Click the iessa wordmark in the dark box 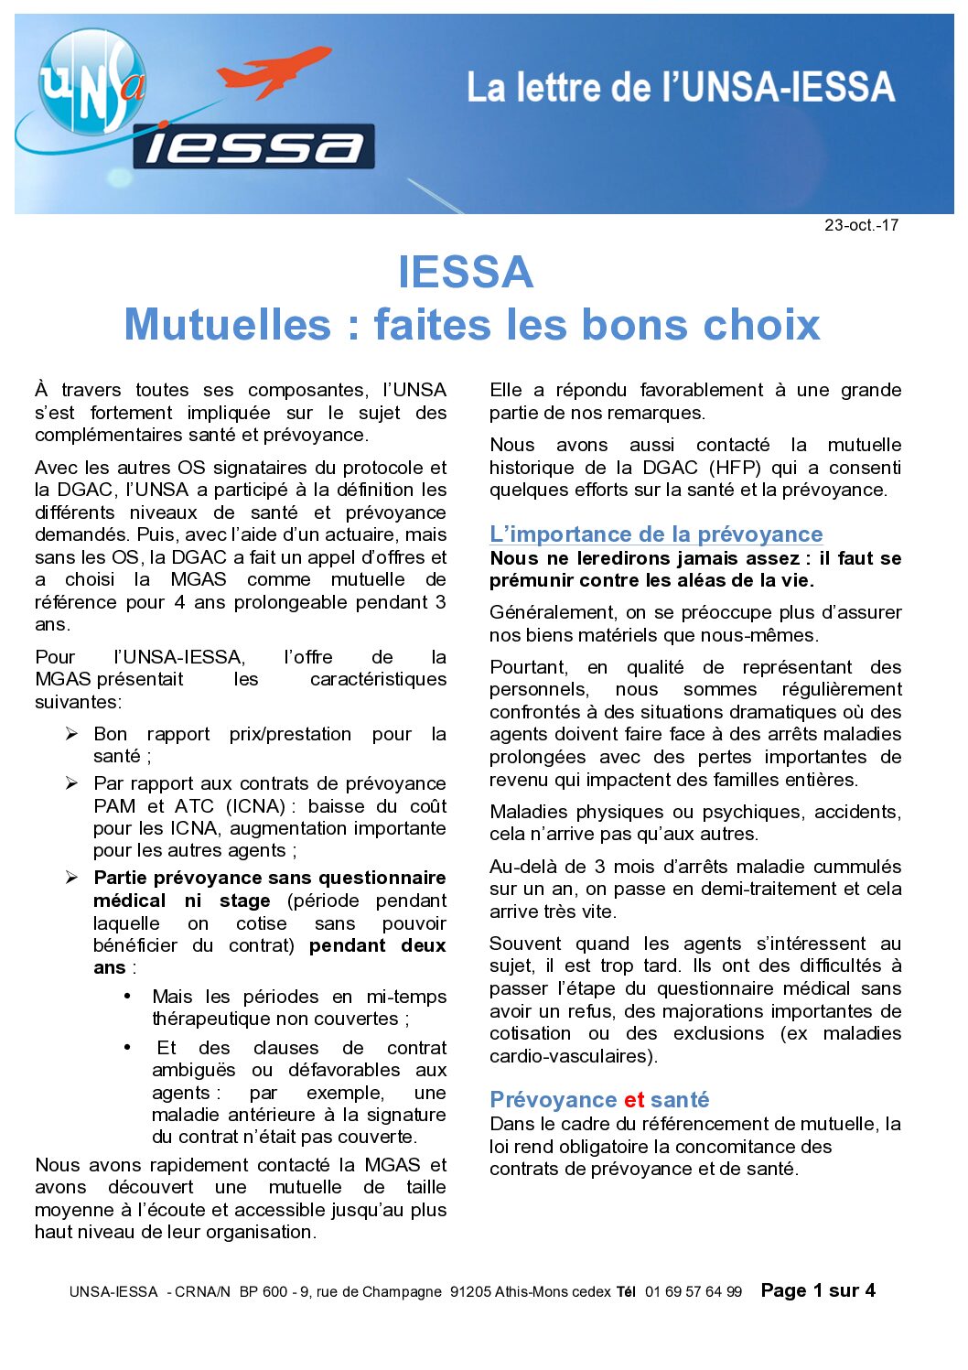point(253,146)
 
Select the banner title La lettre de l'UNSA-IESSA point(680,88)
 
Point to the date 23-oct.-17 point(861,225)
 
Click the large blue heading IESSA point(466,272)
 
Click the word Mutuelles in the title point(228,324)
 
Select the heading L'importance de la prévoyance point(656,534)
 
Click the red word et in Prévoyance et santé point(634,1099)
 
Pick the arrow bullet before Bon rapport point(72,734)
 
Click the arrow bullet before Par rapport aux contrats point(72,783)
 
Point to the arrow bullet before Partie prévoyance point(72,878)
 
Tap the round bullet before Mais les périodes point(128,995)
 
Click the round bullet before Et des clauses point(128,1046)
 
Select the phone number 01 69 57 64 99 point(693,1292)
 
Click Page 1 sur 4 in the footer point(818,1290)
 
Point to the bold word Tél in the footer point(626,1292)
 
